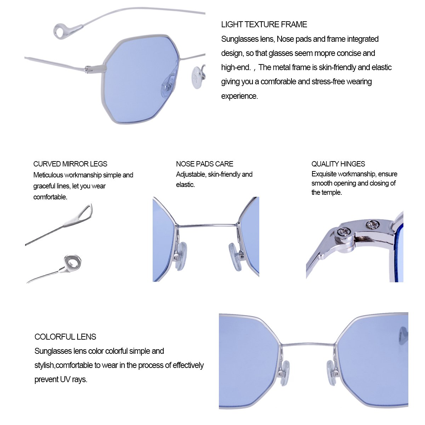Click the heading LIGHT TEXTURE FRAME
(x=264, y=24)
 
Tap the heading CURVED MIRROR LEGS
(x=70, y=164)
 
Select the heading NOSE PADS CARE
(x=204, y=164)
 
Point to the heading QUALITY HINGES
(x=338, y=164)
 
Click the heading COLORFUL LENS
(x=65, y=337)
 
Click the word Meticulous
(x=48, y=175)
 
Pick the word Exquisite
(x=324, y=174)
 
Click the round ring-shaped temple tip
(x=73, y=263)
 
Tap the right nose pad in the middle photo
(x=235, y=256)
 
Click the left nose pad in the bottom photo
(x=284, y=372)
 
